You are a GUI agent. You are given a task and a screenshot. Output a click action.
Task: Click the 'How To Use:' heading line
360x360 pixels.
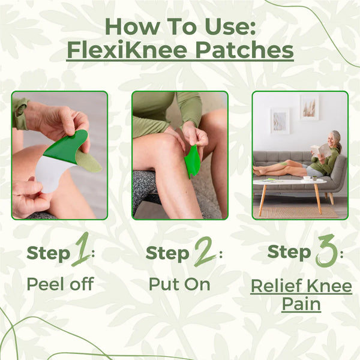pos(180,26)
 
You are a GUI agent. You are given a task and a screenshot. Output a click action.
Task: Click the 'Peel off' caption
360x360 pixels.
pos(60,284)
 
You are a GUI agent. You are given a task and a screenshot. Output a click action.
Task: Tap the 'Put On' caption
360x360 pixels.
pos(180,284)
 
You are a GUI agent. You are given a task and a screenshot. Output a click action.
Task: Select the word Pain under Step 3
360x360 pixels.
pos(301,304)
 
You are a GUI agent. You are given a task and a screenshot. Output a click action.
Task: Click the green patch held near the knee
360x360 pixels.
pos(192,161)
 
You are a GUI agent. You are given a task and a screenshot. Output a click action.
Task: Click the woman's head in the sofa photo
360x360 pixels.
pos(336,137)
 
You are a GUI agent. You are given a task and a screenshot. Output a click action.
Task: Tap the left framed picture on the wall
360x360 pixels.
pos(280,120)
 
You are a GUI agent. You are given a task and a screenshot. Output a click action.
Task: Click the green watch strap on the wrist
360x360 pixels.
pos(19,113)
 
